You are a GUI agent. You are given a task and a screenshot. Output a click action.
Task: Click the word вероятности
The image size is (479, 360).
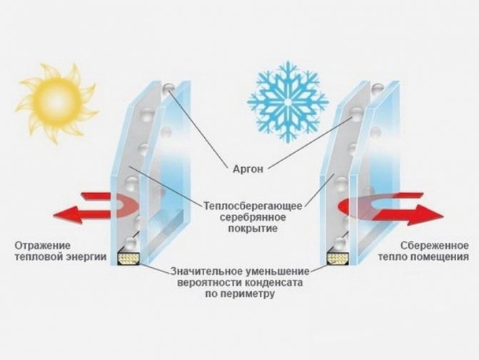208,281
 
